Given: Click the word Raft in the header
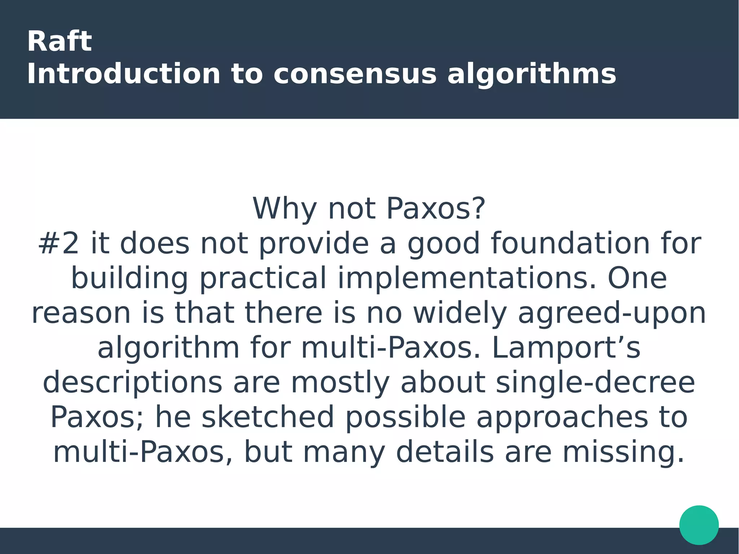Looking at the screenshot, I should (59, 42).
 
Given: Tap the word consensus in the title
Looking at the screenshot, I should (355, 74).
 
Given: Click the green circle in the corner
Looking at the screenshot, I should (699, 525).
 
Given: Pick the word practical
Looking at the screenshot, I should (263, 279).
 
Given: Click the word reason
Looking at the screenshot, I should (81, 313).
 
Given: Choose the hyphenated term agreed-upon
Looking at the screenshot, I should (612, 313).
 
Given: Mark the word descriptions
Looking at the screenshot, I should (132, 383).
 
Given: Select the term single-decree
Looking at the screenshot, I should (595, 383).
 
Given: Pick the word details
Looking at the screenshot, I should (445, 452).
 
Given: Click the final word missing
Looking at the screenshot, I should (623, 452).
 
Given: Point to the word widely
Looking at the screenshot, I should (460, 313).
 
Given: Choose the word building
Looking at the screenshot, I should (130, 279).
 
